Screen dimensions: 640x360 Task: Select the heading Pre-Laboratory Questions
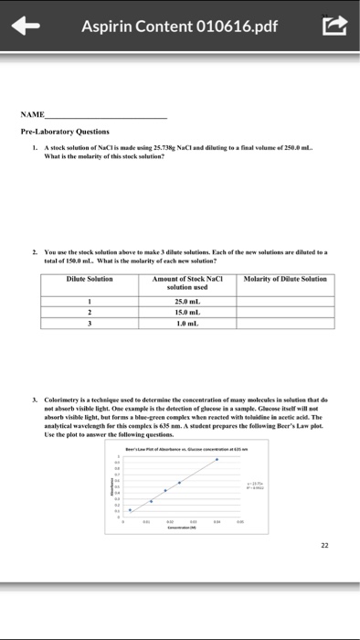[65, 132]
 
